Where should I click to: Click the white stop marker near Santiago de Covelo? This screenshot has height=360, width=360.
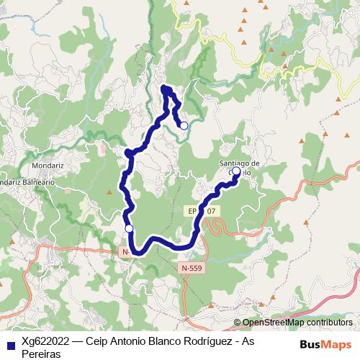point(236,171)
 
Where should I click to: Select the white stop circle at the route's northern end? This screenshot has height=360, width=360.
point(184,125)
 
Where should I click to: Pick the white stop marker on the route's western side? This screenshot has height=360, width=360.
point(129,228)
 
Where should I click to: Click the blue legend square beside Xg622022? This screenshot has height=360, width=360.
point(9,343)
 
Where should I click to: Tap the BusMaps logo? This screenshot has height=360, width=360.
point(325,343)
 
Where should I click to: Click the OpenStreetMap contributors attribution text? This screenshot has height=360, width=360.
point(298,323)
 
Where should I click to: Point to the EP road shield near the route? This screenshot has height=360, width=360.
point(202,211)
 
